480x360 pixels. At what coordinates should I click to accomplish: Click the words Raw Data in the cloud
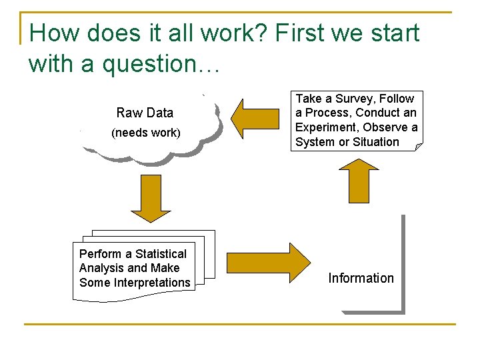145,113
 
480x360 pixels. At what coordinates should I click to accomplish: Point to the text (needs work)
146,133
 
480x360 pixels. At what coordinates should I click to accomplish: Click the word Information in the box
361,278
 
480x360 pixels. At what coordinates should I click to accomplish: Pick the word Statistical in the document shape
161,254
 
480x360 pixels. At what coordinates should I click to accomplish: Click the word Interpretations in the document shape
152,283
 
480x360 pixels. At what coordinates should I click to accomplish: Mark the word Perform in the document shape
101,254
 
